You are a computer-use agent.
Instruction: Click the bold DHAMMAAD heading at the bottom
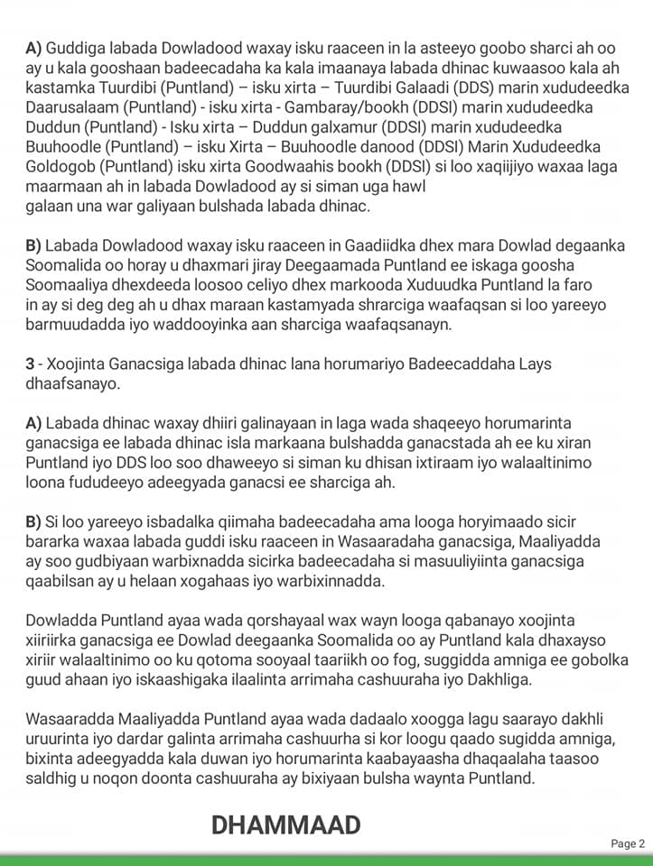point(285,824)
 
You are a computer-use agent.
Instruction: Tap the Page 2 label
point(628,843)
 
